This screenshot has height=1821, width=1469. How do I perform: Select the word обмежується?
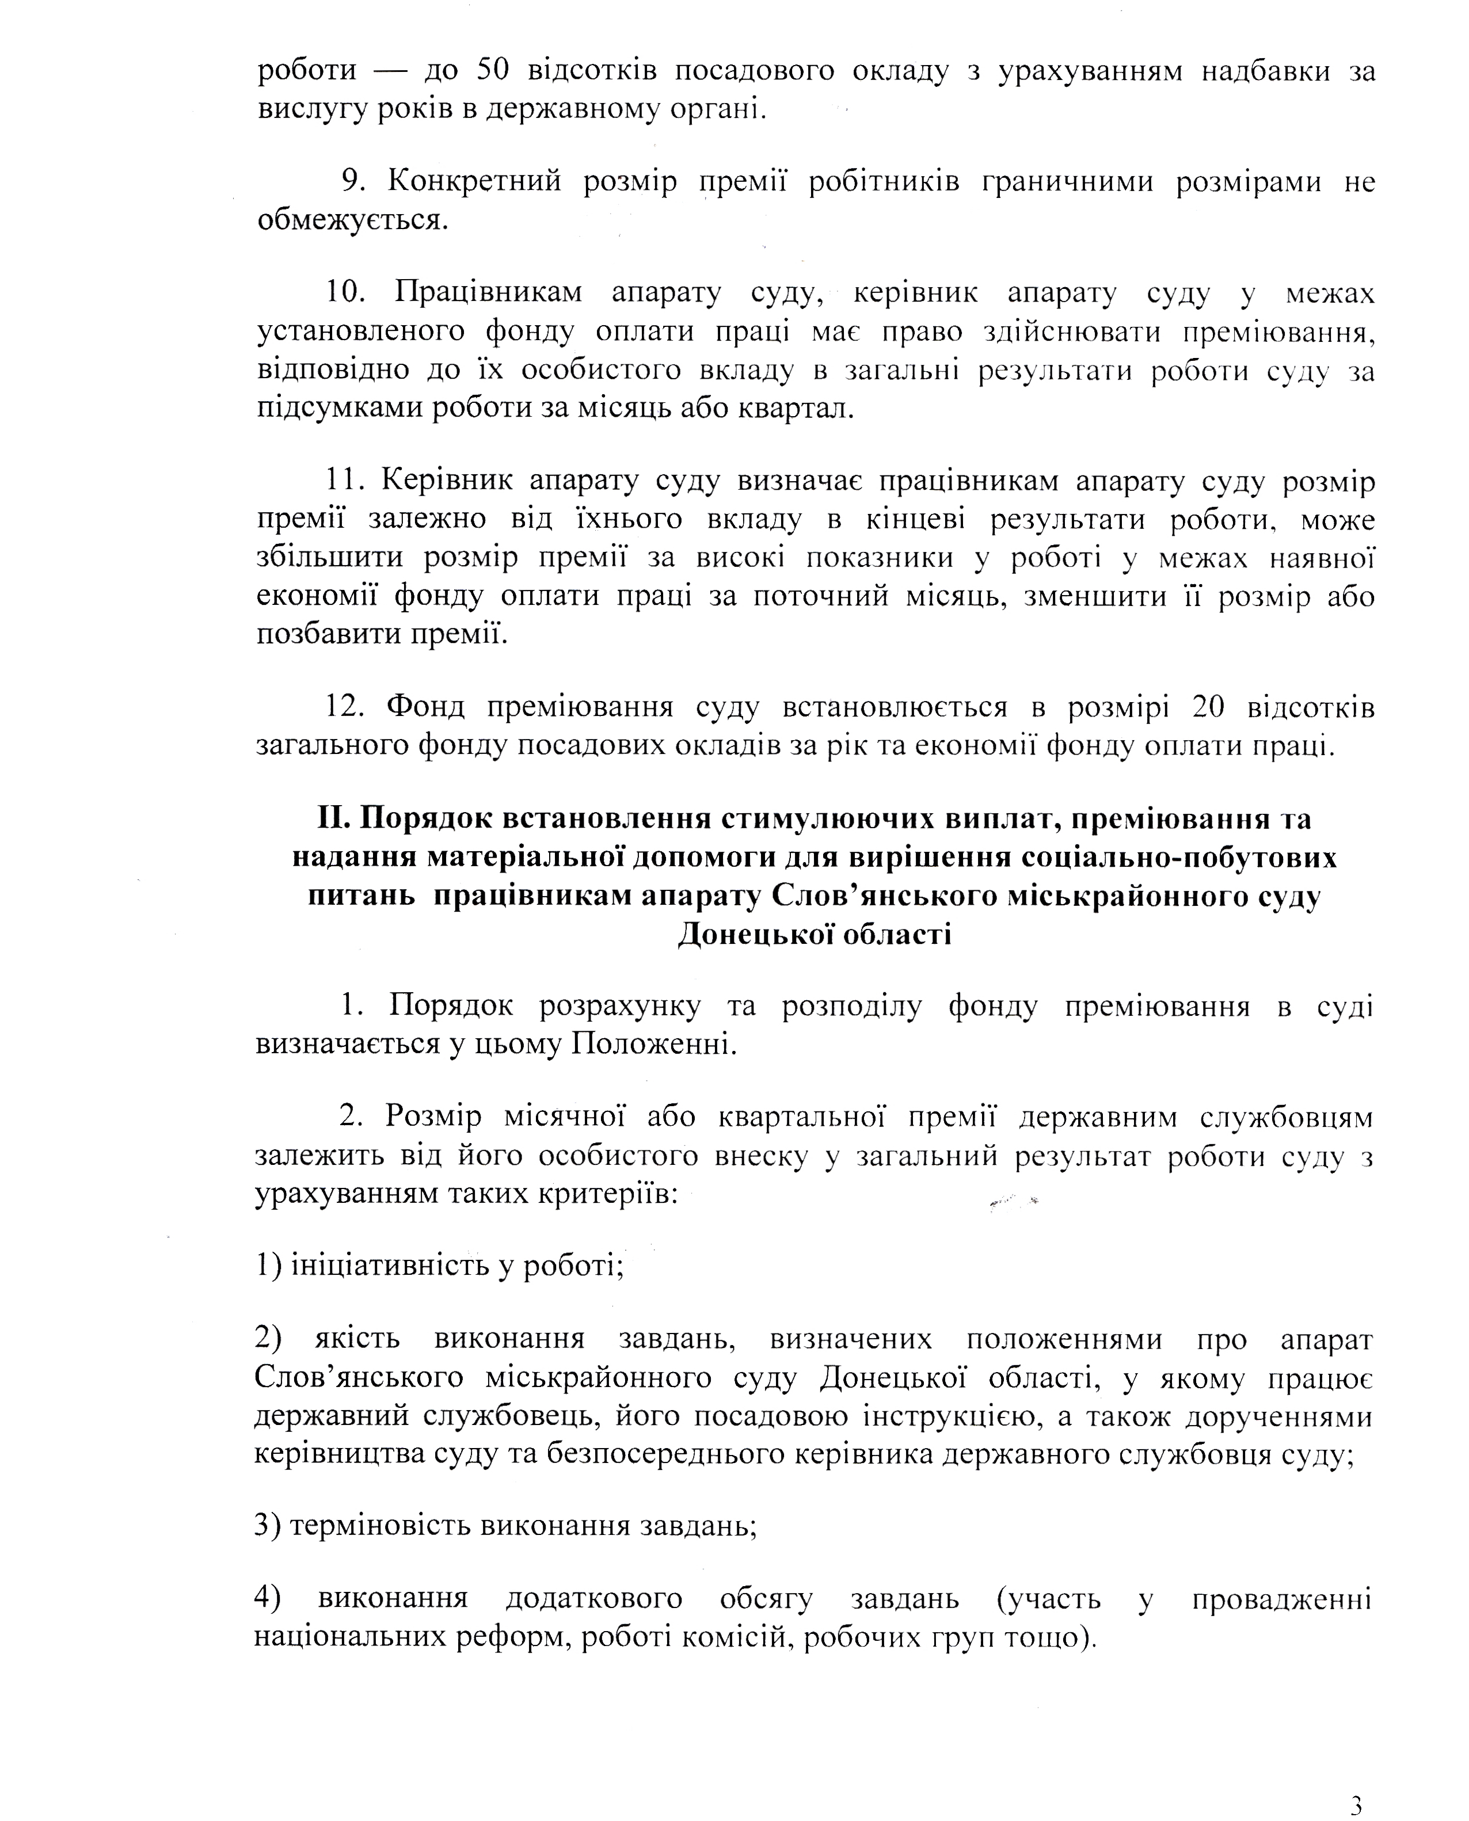click(x=352, y=220)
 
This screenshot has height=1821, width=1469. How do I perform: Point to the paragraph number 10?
click(x=345, y=292)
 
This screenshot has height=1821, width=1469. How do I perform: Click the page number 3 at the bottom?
click(x=1356, y=1803)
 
